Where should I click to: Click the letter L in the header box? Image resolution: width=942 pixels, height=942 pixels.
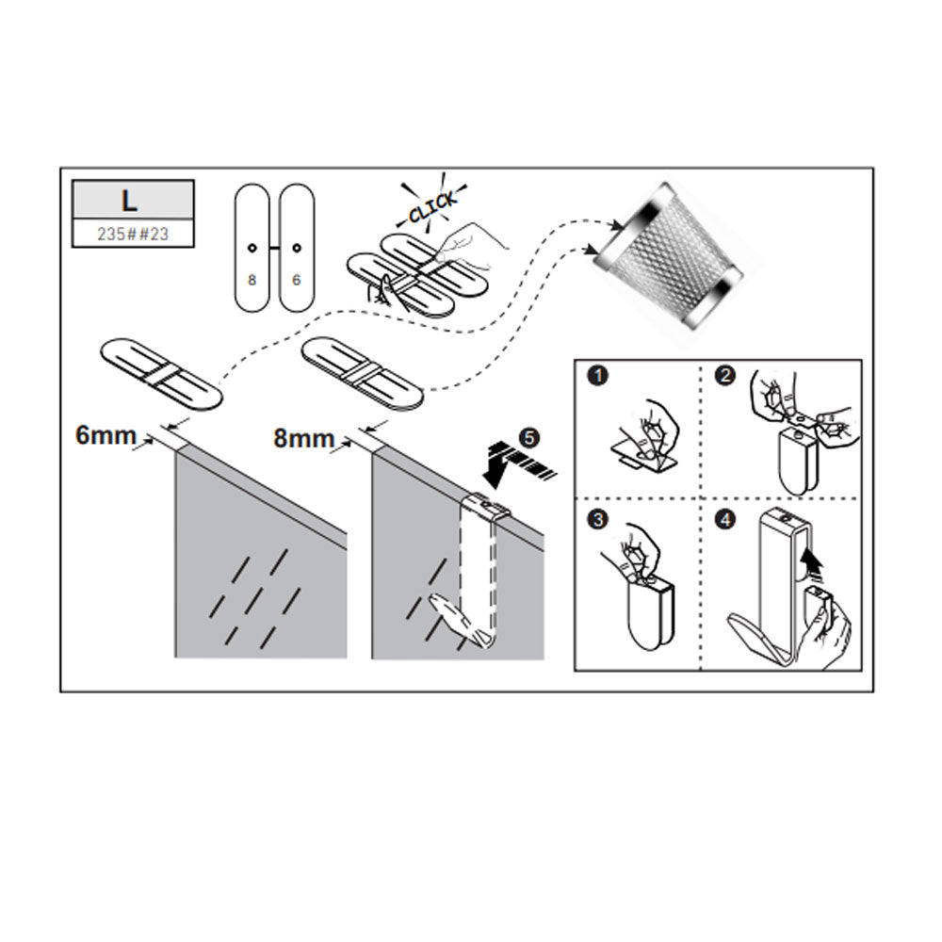(129, 201)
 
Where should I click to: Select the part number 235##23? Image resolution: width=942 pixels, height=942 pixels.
(133, 234)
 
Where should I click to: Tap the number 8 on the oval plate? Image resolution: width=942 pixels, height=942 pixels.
(252, 280)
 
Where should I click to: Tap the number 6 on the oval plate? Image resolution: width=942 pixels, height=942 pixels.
(296, 280)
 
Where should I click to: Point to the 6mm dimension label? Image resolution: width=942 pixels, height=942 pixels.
(106, 435)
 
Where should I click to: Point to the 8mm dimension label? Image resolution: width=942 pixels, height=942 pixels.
(303, 438)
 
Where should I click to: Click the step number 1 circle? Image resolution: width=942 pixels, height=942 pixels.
(598, 376)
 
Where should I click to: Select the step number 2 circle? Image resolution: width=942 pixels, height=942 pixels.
(725, 376)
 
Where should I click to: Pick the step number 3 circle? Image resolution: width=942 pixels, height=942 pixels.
(598, 519)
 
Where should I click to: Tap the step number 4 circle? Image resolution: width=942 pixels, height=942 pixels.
(725, 519)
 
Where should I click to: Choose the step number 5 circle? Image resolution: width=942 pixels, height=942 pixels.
(528, 438)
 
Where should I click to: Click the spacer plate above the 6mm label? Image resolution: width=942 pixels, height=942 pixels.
(162, 374)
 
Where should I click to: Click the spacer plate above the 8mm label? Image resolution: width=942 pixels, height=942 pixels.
(363, 374)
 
